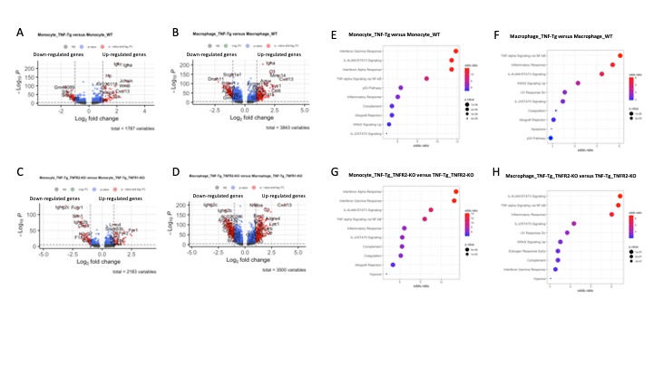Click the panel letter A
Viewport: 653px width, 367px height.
pos(20,34)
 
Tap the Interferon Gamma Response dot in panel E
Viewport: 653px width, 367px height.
pos(455,52)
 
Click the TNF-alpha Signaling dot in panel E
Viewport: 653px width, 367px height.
pos(426,79)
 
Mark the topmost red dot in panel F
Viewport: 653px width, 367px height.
pos(620,56)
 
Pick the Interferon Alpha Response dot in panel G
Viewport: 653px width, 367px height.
pos(456,191)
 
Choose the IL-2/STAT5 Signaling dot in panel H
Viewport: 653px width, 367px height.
pos(574,223)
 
